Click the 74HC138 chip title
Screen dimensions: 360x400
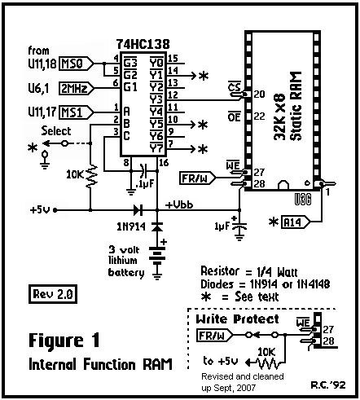click(x=143, y=44)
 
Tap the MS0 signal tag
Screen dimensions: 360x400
click(x=76, y=64)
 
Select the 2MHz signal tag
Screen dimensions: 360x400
click(x=77, y=89)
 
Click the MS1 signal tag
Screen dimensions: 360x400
click(x=76, y=112)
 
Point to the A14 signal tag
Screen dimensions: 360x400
click(x=296, y=222)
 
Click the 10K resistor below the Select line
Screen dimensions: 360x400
click(x=90, y=176)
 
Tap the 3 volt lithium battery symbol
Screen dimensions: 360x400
click(x=157, y=256)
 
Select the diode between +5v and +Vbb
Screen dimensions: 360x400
click(x=138, y=210)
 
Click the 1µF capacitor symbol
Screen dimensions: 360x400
click(x=239, y=226)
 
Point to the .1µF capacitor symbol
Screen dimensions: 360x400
click(x=143, y=171)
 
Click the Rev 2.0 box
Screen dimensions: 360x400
click(x=53, y=294)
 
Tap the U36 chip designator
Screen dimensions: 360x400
click(x=303, y=200)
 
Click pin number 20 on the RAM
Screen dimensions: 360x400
click(x=259, y=95)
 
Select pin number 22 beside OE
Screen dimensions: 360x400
click(x=259, y=116)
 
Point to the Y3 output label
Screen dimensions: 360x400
click(x=156, y=99)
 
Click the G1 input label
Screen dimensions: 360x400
click(x=130, y=87)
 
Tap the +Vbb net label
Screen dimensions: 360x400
click(x=179, y=204)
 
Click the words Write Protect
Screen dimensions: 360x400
click(x=237, y=319)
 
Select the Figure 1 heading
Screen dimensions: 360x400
click(x=64, y=341)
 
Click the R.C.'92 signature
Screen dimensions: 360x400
click(x=328, y=385)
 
